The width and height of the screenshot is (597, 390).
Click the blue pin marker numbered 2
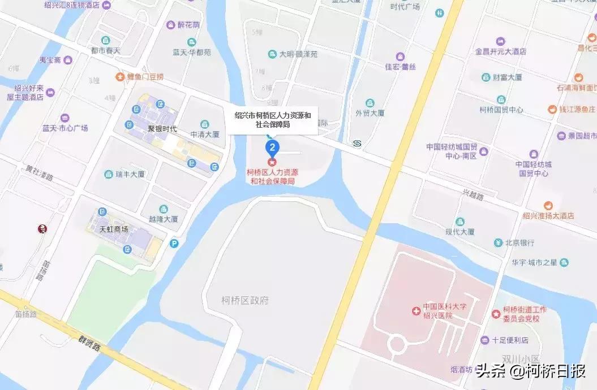click(x=273, y=148)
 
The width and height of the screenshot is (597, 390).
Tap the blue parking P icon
click(x=174, y=244)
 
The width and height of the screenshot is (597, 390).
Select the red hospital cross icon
click(x=416, y=311)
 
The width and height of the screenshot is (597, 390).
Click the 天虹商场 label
click(x=114, y=229)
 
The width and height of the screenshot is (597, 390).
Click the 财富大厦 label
click(x=507, y=77)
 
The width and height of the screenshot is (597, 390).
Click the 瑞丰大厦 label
click(x=130, y=175)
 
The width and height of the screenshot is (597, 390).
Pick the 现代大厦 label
click(x=459, y=232)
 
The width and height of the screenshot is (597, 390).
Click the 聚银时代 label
click(x=162, y=129)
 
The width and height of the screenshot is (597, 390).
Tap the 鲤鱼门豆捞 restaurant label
click(x=144, y=76)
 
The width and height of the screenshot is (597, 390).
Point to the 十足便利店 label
click(x=509, y=340)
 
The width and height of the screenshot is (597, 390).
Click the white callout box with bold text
click(x=273, y=120)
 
